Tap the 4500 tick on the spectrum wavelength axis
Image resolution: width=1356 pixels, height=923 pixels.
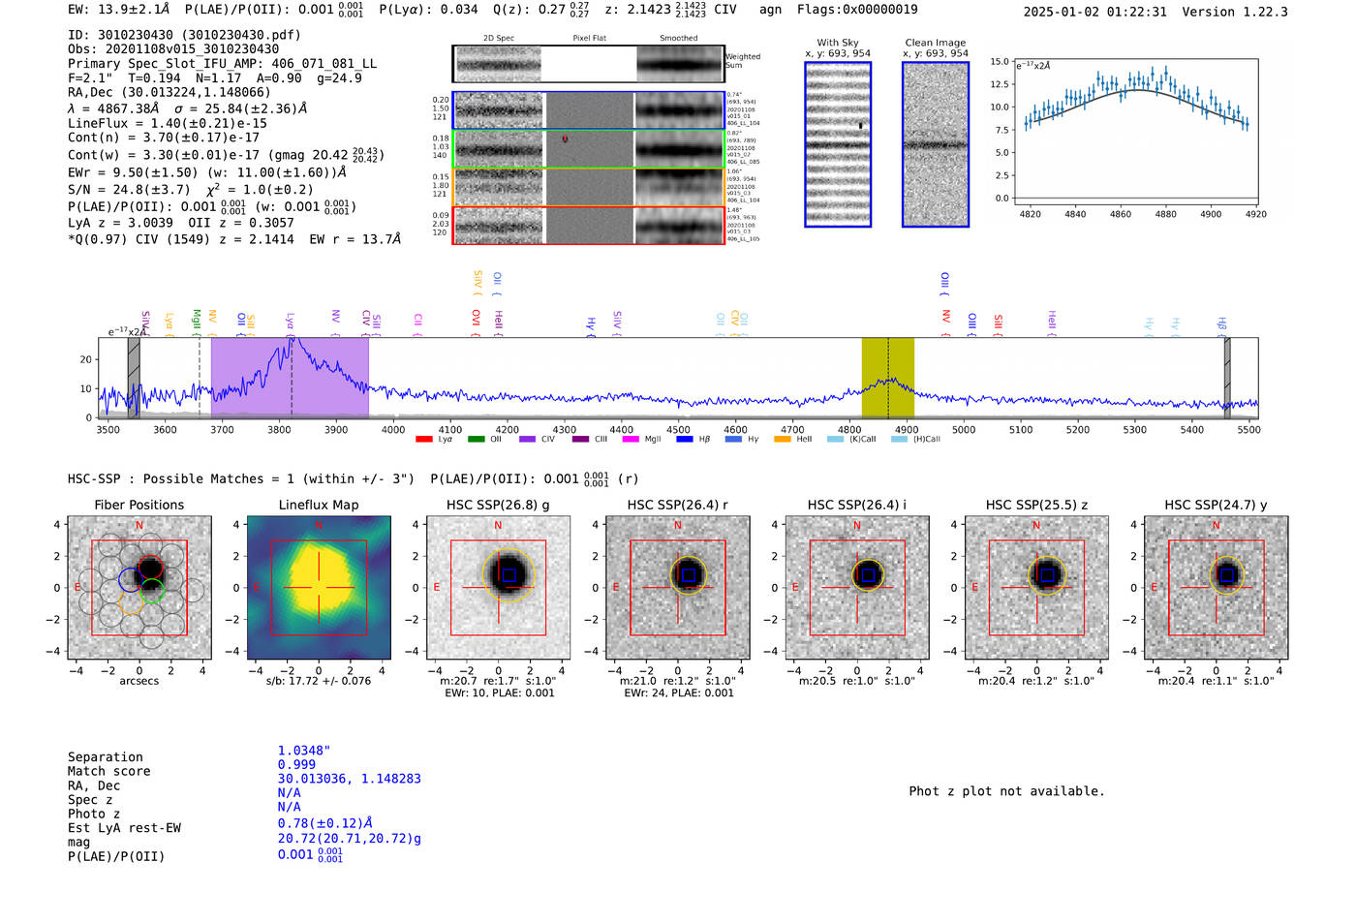tap(678, 429)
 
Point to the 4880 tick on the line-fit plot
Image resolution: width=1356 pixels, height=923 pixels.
tap(1165, 214)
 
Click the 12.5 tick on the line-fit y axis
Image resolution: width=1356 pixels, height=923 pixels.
tap(1000, 84)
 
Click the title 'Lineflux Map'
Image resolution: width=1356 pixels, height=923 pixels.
tap(319, 505)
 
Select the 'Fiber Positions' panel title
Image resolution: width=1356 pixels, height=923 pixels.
tap(139, 505)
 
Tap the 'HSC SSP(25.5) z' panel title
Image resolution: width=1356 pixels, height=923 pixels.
tap(1036, 505)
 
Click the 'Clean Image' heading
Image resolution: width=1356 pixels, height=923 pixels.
tap(935, 43)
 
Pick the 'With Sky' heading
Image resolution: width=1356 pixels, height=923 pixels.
tap(838, 43)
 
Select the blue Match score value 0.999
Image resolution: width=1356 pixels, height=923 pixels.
tap(296, 764)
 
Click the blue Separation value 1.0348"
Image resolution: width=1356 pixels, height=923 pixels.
tap(303, 751)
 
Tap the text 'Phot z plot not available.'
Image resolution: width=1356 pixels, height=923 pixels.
tap(1006, 791)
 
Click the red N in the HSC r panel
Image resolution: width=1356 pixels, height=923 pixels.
tap(678, 526)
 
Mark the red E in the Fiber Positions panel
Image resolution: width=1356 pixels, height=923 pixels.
tap(78, 588)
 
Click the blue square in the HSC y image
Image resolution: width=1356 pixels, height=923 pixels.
tap(1227, 575)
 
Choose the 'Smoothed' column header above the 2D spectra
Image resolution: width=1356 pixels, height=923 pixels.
tap(678, 39)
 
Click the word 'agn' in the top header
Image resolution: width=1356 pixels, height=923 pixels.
tap(770, 10)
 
